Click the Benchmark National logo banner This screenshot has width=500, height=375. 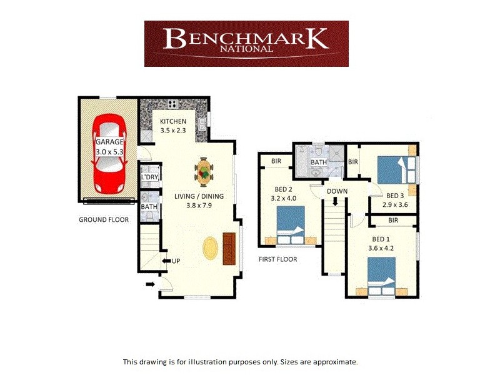click(x=246, y=43)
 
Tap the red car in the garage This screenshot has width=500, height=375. click(x=109, y=153)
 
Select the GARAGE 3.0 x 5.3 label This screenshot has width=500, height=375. click(x=109, y=146)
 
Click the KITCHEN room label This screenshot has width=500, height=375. click(x=173, y=121)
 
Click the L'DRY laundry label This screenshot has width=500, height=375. click(x=149, y=177)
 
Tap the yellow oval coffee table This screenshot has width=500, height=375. click(x=211, y=247)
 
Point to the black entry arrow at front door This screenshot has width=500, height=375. click(x=151, y=285)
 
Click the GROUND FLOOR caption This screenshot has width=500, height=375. click(x=104, y=220)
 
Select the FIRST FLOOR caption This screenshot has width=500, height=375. click(x=278, y=259)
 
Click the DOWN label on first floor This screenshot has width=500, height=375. click(x=336, y=191)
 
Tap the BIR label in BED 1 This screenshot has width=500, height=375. click(x=393, y=220)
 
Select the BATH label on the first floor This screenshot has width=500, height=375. click(x=319, y=162)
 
